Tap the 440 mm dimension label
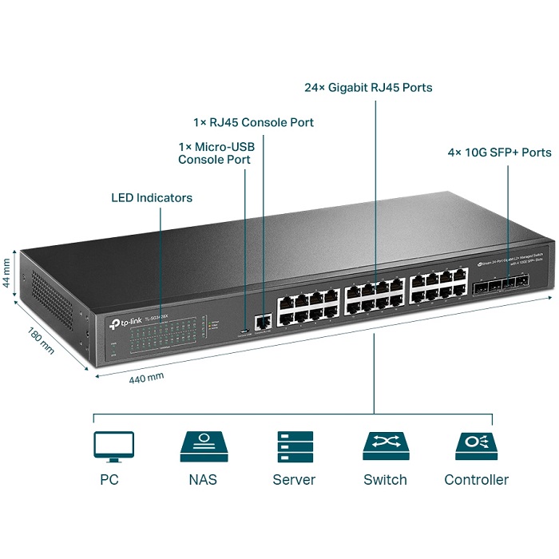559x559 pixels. (146, 377)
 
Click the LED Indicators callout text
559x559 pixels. (152, 197)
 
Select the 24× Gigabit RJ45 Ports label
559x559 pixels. (368, 87)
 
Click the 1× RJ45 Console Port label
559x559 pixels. (253, 123)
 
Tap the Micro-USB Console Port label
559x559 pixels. (214, 153)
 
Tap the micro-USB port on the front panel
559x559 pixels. (242, 327)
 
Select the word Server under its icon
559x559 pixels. (294, 480)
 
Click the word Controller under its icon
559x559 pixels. (476, 480)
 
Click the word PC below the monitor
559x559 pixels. (109, 480)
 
